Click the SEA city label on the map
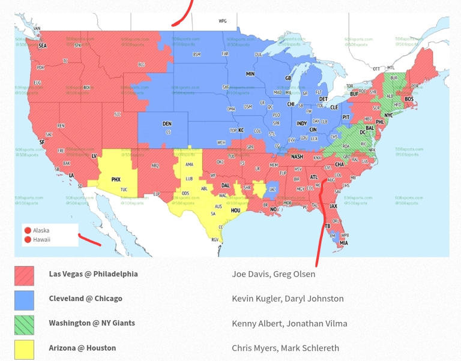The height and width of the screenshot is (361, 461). (42, 46)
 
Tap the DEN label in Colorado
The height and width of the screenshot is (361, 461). (167, 124)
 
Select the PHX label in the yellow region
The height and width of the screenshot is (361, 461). (116, 179)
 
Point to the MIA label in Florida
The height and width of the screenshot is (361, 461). (343, 243)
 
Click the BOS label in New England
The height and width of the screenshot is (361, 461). (409, 99)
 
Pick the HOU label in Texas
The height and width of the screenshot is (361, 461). (235, 210)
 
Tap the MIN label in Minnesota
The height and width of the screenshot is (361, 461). (250, 74)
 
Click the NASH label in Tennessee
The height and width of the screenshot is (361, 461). (297, 157)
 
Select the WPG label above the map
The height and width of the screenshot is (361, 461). (223, 21)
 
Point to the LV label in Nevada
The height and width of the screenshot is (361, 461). (94, 156)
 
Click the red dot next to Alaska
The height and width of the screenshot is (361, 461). (28, 230)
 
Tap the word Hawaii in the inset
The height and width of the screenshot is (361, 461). (41, 240)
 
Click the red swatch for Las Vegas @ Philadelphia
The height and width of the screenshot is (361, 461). (24, 275)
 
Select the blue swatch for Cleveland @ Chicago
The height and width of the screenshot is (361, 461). (24, 300)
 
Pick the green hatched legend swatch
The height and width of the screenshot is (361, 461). (24, 324)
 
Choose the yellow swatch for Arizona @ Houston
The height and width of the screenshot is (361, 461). (24, 349)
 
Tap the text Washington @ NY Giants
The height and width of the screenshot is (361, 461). (92, 323)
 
